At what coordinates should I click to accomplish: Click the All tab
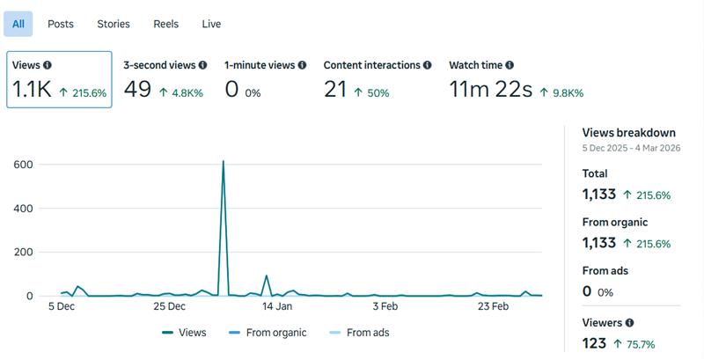18,24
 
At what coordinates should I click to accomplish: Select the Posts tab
61,24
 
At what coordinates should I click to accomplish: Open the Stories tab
114,24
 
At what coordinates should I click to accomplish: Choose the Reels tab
165,24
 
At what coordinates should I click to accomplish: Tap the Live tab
211,24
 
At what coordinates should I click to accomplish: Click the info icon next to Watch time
510,65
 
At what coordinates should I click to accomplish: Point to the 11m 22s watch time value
489,89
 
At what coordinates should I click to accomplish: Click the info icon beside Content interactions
428,65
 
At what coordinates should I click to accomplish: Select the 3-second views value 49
137,89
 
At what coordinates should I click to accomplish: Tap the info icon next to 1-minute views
303,65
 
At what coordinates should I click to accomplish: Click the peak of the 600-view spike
223,161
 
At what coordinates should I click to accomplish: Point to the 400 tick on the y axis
23,209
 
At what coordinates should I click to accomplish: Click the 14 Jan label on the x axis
277,307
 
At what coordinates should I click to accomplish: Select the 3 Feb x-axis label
385,307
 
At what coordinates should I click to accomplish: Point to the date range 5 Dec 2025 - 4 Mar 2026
630,150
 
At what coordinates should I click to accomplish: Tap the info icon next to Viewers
629,323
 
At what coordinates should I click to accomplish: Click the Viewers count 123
595,343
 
